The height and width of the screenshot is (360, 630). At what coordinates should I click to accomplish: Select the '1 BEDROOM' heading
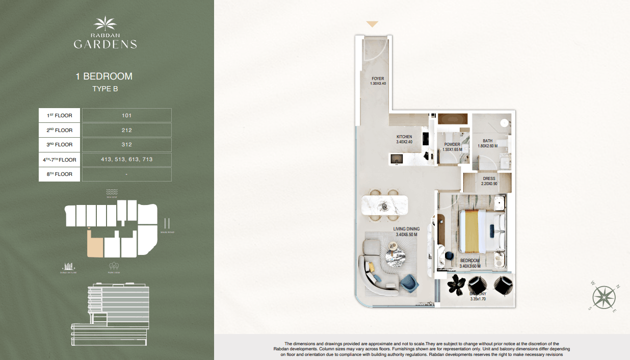(x=104, y=76)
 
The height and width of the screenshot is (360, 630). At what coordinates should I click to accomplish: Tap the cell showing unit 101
(x=126, y=115)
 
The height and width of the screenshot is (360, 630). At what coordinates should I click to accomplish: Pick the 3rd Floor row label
(x=60, y=145)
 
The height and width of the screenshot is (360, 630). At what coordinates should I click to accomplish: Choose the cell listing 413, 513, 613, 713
(x=126, y=160)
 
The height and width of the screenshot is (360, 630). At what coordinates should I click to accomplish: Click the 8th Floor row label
(x=60, y=174)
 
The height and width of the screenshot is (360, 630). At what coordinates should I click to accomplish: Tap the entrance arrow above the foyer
(x=373, y=24)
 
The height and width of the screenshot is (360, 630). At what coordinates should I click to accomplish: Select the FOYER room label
(x=378, y=79)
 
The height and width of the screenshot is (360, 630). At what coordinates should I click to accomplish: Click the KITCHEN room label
(x=404, y=137)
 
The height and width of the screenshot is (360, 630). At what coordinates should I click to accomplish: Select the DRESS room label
(x=489, y=179)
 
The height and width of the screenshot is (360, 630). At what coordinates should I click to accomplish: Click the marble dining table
(x=384, y=205)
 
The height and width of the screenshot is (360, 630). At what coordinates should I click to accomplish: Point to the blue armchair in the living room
(x=409, y=281)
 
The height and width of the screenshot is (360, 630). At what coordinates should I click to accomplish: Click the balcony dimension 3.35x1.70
(x=478, y=299)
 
